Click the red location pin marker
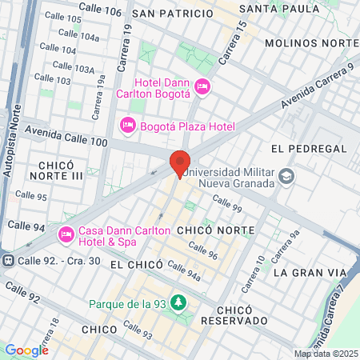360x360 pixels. pos(179,164)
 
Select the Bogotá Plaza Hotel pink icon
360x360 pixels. pos(126,126)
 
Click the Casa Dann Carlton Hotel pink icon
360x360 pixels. pos(66,235)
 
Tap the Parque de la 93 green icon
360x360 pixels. pos(179,302)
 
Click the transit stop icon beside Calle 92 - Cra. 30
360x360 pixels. pos(9,260)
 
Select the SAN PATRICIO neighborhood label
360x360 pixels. pos(173,14)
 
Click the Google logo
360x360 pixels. pos(26,350)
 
